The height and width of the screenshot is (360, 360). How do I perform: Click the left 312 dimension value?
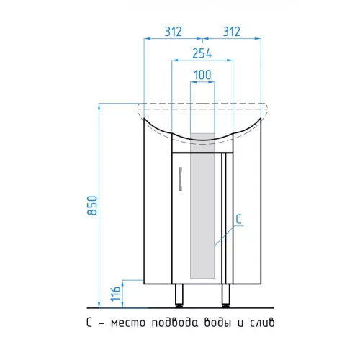point(173,32)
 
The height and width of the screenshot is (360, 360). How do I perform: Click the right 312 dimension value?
point(231,32)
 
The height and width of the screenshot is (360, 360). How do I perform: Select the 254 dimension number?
point(202,53)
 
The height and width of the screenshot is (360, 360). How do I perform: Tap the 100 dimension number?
point(202,75)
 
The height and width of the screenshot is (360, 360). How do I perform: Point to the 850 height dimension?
point(92,205)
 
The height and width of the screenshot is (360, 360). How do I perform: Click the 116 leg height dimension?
point(115,293)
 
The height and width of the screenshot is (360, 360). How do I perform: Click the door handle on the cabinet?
point(181,179)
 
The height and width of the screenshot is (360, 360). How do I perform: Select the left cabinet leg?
point(179,295)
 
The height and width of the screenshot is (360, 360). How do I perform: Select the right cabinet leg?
point(225,295)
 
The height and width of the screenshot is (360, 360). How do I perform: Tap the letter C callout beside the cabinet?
point(238,219)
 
